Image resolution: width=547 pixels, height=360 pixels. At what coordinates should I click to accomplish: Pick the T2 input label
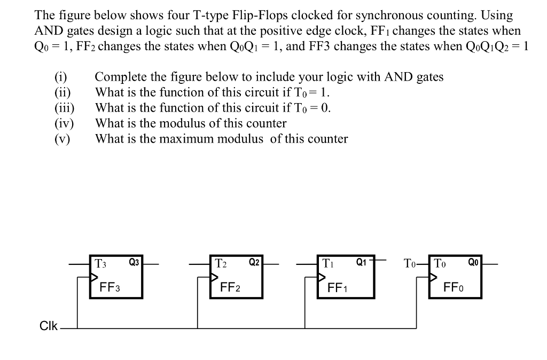pos(221,263)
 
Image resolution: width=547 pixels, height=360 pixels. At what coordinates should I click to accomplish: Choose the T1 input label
pos(329,263)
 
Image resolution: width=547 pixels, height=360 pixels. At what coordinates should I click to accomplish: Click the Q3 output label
pos(134,262)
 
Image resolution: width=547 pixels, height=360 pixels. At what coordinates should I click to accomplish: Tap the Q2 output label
pos(254,262)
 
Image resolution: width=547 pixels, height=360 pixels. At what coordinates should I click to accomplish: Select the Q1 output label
pos(362,262)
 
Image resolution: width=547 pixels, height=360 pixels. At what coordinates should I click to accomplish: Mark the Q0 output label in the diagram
pos(474,262)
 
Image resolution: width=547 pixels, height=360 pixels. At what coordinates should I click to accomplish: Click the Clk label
pos(49,326)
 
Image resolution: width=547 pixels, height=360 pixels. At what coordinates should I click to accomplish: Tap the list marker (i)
pos(60,77)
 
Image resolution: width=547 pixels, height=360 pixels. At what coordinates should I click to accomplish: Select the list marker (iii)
pos(64,108)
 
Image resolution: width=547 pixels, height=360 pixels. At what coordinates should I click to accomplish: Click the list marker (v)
pos(62,139)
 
